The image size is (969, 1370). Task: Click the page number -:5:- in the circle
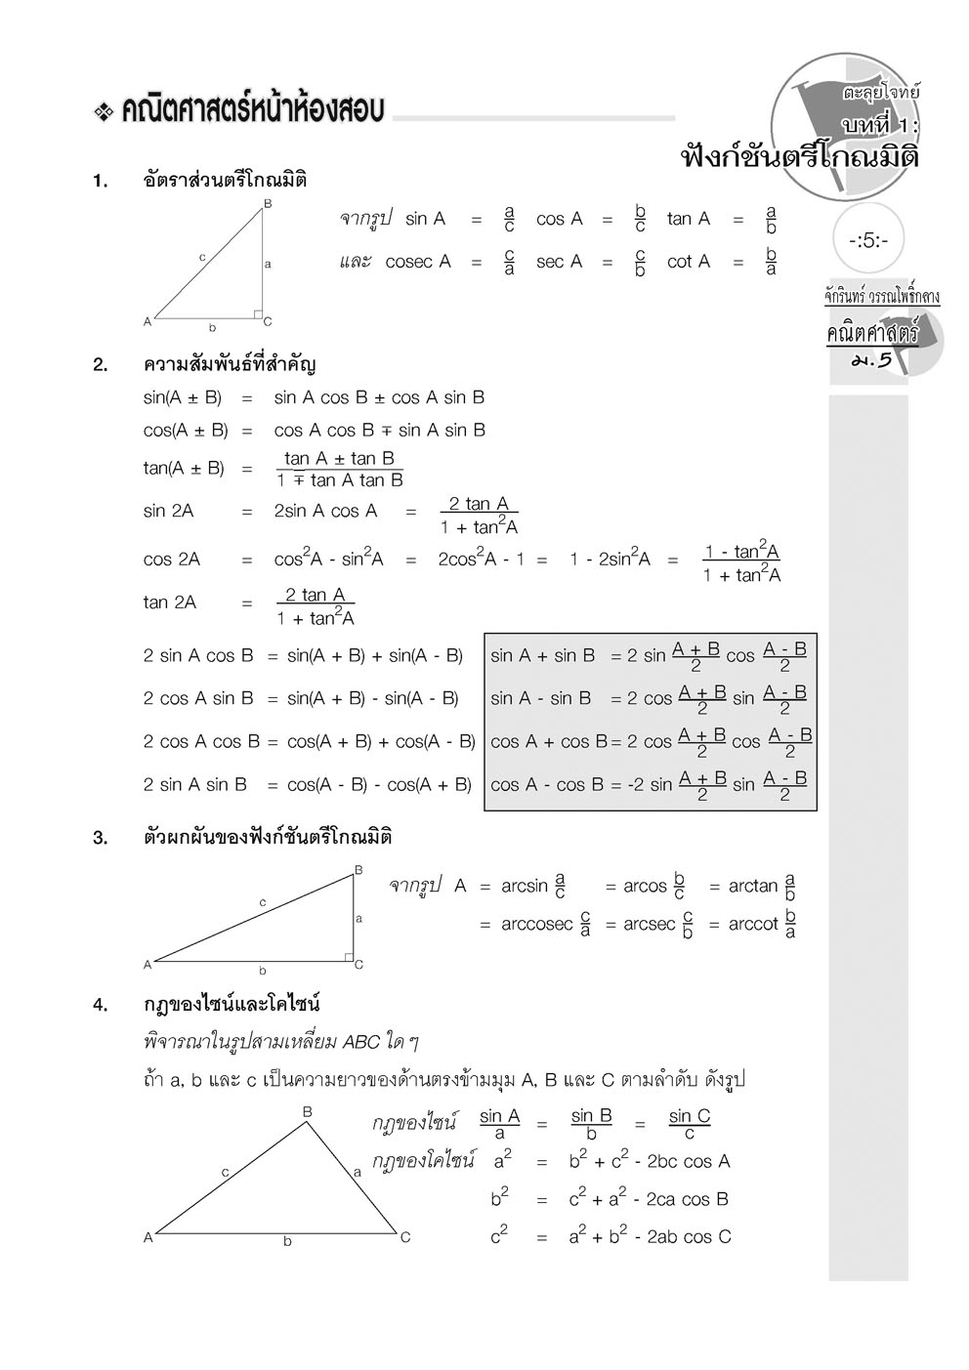pos(868,239)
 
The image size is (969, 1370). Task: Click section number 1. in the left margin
pos(101,181)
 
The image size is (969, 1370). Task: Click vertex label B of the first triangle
pos(268,203)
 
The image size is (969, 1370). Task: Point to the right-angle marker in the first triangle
pos(258,313)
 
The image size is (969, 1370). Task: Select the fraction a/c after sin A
pos(509,219)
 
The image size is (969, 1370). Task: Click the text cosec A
pos(418,262)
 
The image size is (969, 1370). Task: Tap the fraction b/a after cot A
pos(771,262)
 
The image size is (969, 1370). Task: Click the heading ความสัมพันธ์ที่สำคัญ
pos(230,365)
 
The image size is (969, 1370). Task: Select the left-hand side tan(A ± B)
pos(184,469)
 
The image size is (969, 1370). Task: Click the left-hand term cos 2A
pos(171,560)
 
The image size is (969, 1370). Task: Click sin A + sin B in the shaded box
pos(542,656)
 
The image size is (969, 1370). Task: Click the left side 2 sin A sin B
pos(195,785)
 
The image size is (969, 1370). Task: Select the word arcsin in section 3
pos(525,887)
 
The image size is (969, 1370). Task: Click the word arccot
pos(753,924)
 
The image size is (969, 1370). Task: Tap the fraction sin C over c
pos(689,1124)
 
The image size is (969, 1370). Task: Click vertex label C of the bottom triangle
pos(405,1237)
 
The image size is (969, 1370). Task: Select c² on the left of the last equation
pos(499,1235)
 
